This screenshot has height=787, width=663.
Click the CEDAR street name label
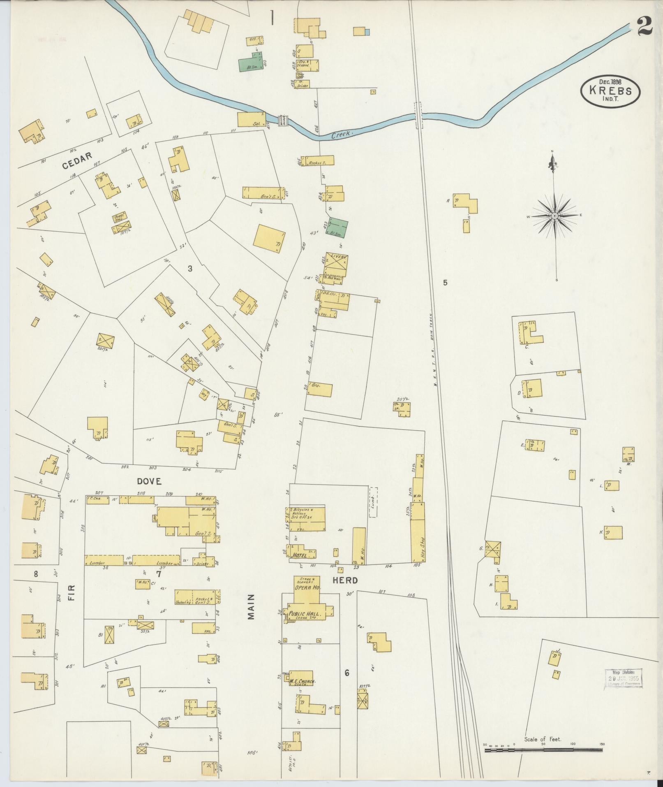coord(76,165)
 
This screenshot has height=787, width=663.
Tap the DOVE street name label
coord(149,481)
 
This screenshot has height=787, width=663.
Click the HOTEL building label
coord(301,555)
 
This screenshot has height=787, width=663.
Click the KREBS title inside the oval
coord(610,91)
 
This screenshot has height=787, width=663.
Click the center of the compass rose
coord(554,216)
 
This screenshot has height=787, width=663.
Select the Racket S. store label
coord(317,163)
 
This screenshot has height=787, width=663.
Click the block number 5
coord(445,283)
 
